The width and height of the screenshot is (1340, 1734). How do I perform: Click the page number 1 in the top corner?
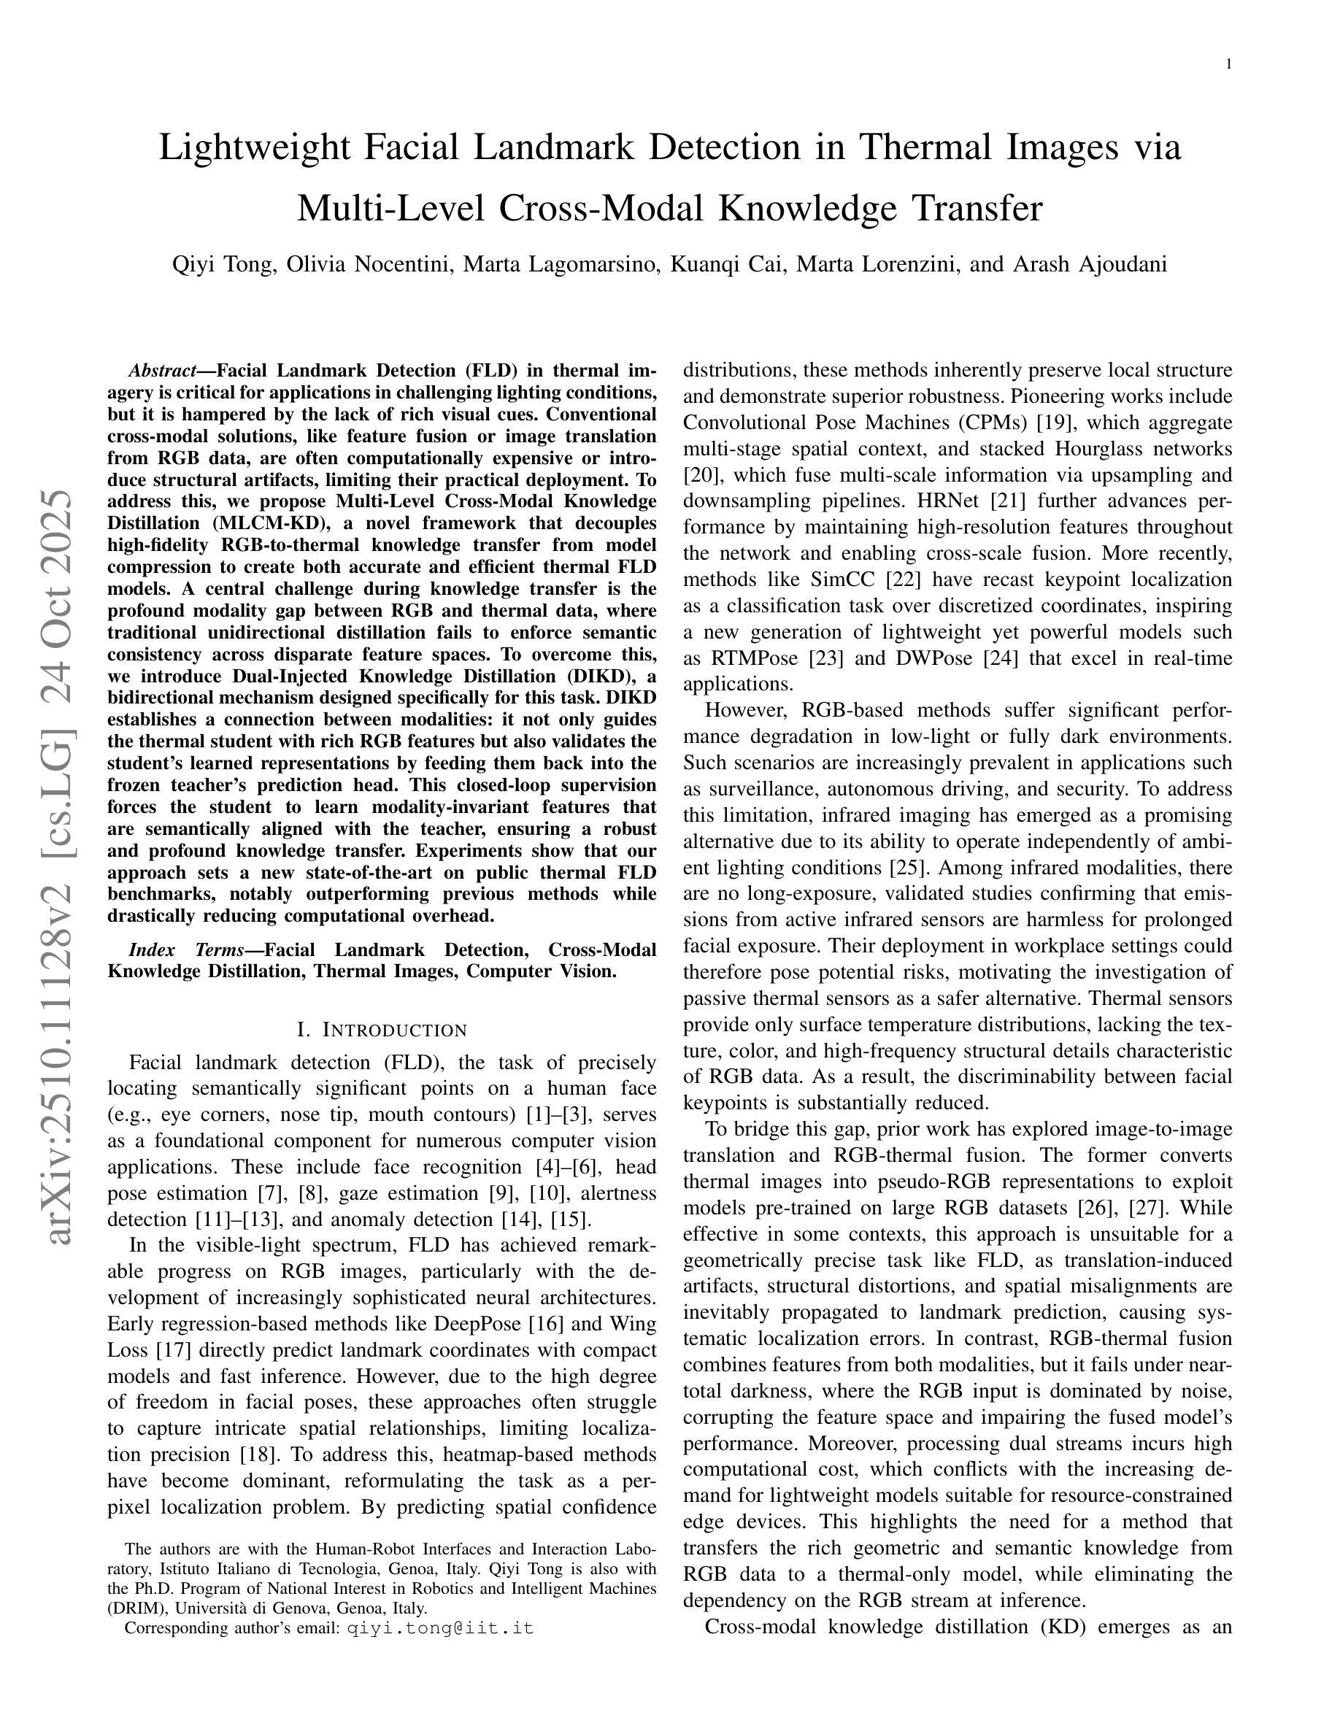(1229, 65)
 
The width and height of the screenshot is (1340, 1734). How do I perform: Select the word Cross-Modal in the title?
(603, 208)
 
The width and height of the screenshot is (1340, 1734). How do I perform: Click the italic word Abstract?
(163, 371)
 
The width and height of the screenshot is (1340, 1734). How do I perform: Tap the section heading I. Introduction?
(382, 1030)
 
